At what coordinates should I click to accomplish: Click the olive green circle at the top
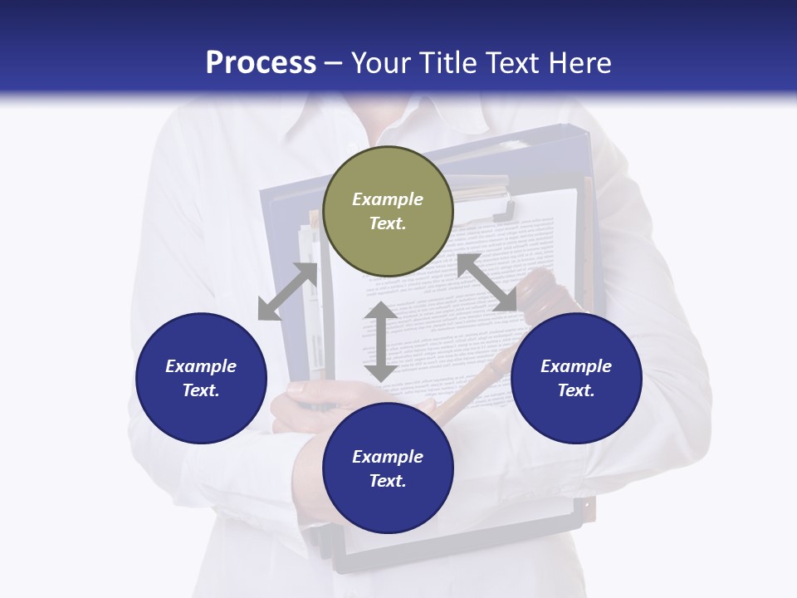(x=388, y=212)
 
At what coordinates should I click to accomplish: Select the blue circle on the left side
(x=201, y=378)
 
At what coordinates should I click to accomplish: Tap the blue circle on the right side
(x=576, y=378)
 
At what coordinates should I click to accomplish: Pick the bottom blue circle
(x=388, y=468)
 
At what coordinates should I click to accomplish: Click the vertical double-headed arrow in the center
(x=381, y=341)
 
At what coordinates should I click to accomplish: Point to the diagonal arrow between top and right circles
(x=487, y=282)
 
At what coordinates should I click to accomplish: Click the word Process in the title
(x=261, y=62)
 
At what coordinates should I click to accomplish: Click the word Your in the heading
(x=381, y=62)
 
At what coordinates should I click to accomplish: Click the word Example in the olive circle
(x=388, y=199)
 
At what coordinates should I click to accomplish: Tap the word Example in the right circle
(x=576, y=366)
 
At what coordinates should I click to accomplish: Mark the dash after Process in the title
(x=333, y=63)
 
